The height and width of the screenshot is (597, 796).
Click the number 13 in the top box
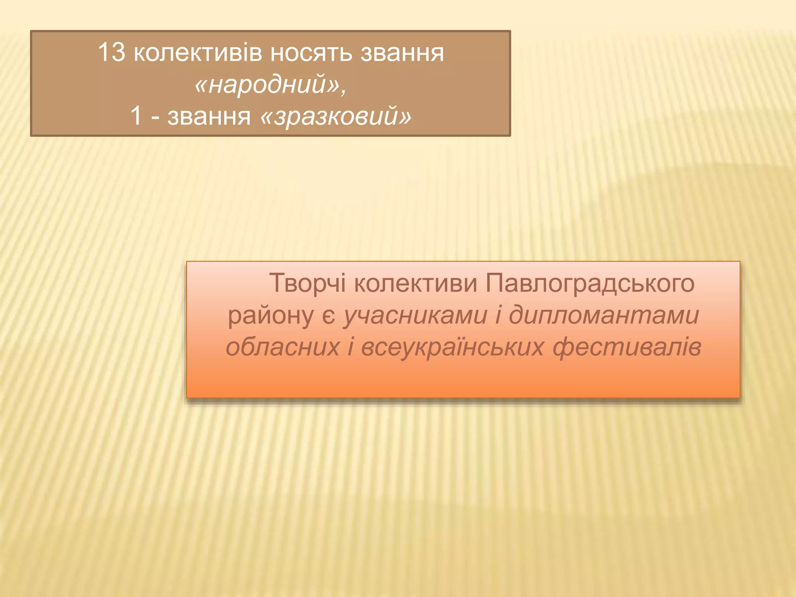click(112, 52)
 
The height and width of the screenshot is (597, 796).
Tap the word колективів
click(198, 53)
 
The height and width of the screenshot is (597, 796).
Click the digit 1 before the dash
click(136, 115)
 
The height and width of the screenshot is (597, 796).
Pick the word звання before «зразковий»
click(209, 116)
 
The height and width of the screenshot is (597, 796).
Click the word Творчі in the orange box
click(307, 283)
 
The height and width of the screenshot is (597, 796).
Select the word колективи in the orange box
click(415, 283)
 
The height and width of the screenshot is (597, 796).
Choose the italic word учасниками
click(415, 315)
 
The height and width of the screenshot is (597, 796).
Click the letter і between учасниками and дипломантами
click(498, 315)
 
